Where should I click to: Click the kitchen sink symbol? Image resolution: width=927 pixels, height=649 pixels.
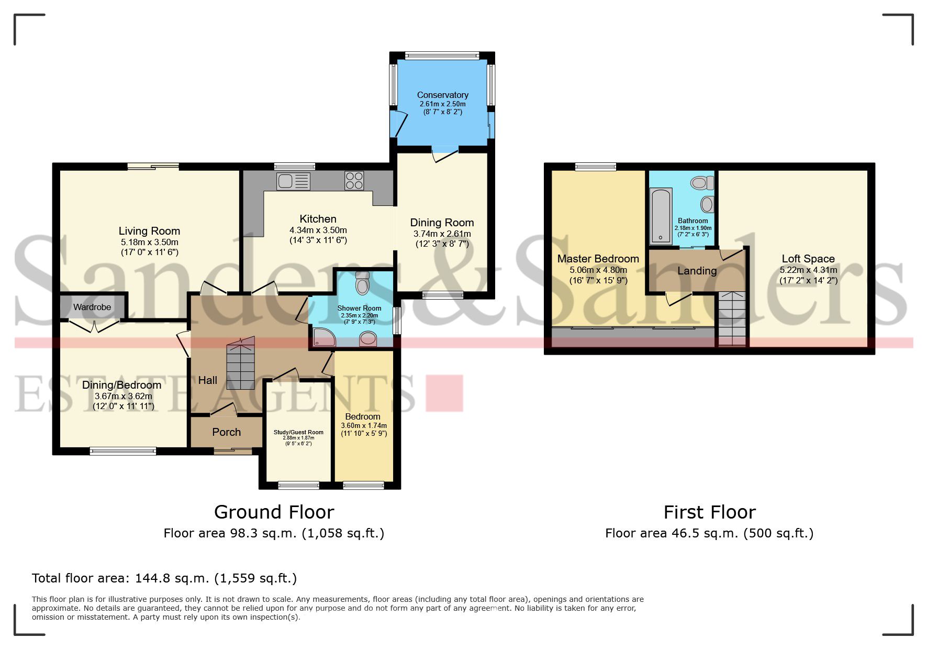click(294, 182)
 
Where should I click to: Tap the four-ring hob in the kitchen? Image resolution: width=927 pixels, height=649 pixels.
click(354, 181)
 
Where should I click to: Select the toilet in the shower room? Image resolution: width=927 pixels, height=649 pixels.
click(362, 284)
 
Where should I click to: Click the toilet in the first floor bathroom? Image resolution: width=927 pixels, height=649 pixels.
click(702, 183)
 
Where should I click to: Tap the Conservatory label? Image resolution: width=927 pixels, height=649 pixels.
click(442, 95)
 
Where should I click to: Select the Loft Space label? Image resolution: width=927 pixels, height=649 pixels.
click(808, 259)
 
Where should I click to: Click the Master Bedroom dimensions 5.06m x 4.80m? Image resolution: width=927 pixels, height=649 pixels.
click(598, 270)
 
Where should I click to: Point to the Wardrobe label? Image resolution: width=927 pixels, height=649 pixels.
click(92, 307)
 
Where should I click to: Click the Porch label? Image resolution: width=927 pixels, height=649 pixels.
click(226, 432)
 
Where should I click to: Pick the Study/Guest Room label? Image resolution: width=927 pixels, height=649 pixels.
click(298, 432)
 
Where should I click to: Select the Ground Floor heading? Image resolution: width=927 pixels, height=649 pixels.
click(274, 512)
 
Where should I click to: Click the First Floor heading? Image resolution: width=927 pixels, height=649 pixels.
click(709, 512)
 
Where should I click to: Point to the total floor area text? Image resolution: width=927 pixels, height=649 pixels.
click(164, 578)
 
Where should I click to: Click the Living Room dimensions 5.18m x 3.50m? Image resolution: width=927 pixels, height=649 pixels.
click(149, 243)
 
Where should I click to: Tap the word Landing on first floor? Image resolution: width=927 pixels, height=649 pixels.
click(697, 271)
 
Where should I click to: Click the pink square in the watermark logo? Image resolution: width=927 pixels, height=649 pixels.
click(444, 393)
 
